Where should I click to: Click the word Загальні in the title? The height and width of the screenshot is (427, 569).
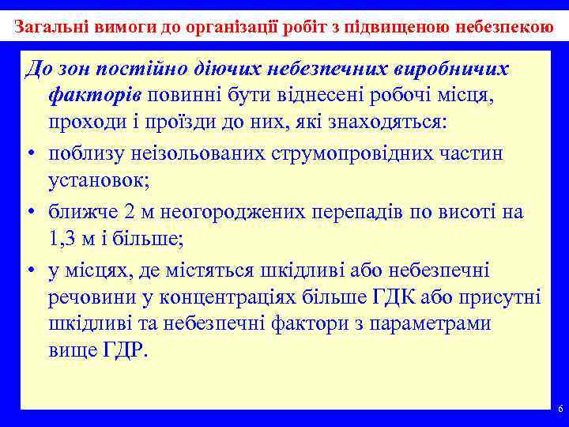(48, 25)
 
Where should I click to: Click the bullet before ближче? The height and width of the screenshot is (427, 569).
(29, 212)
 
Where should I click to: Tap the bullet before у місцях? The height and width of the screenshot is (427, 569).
(29, 271)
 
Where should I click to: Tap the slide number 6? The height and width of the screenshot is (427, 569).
(560, 409)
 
